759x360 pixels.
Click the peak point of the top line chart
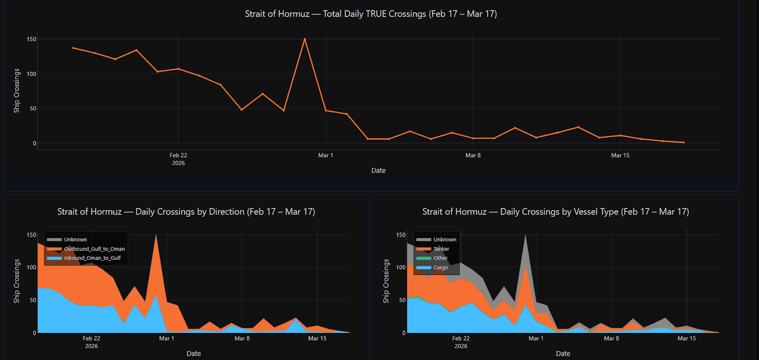[x=305, y=39]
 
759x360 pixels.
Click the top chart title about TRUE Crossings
[x=370, y=14]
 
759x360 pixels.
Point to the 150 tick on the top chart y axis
[x=31, y=39]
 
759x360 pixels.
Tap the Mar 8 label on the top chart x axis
[x=472, y=155]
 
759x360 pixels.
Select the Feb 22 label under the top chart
[x=178, y=155]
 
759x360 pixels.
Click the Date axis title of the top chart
[x=378, y=170]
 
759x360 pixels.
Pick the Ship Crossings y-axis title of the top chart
[x=17, y=91]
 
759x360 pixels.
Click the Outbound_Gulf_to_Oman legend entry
[x=94, y=249]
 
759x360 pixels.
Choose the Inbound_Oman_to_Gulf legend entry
[x=93, y=258]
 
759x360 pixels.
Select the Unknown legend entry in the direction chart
[x=75, y=240]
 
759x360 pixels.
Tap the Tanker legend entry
[x=441, y=249]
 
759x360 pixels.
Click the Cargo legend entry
[x=440, y=268]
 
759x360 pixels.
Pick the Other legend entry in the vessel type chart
[x=440, y=258]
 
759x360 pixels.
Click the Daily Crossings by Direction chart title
[x=186, y=212]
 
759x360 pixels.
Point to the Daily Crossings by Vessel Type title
[x=555, y=212]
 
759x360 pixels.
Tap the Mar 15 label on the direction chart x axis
[x=317, y=338]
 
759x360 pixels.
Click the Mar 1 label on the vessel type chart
[x=536, y=338]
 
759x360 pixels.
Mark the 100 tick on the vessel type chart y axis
[x=401, y=268]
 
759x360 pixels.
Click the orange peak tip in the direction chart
[x=156, y=235]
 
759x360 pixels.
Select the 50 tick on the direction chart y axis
[x=33, y=300]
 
